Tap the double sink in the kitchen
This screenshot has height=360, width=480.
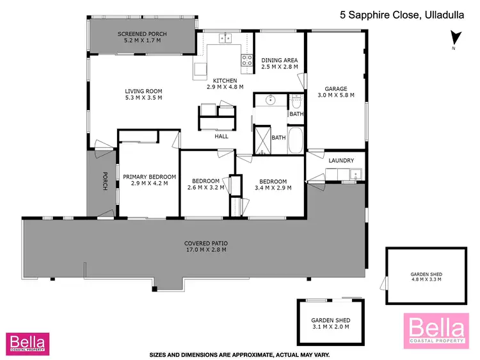point(225,38)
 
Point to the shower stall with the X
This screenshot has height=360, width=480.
point(262,140)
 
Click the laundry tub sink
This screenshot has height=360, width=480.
point(354,173)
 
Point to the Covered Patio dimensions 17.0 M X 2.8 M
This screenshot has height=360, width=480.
point(206,250)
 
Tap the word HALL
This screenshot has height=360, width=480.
point(221,136)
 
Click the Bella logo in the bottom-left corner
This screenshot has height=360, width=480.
point(26,342)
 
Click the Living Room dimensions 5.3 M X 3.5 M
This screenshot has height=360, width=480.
point(143,98)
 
